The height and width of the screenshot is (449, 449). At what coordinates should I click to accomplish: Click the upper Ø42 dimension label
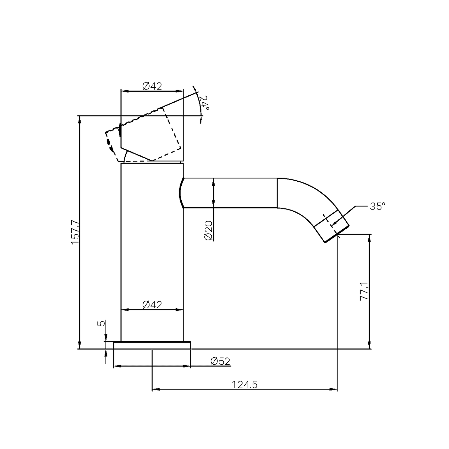(x=152, y=86)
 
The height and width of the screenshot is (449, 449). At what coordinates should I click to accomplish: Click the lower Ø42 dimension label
(x=152, y=305)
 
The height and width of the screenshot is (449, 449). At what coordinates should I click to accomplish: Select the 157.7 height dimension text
(x=75, y=232)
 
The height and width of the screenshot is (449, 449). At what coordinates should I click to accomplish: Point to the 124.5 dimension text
(x=245, y=385)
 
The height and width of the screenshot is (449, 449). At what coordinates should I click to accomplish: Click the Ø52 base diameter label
(x=220, y=361)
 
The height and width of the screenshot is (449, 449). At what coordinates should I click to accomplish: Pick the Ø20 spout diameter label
(x=208, y=230)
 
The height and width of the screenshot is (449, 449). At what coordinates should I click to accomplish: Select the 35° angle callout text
(x=377, y=206)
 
